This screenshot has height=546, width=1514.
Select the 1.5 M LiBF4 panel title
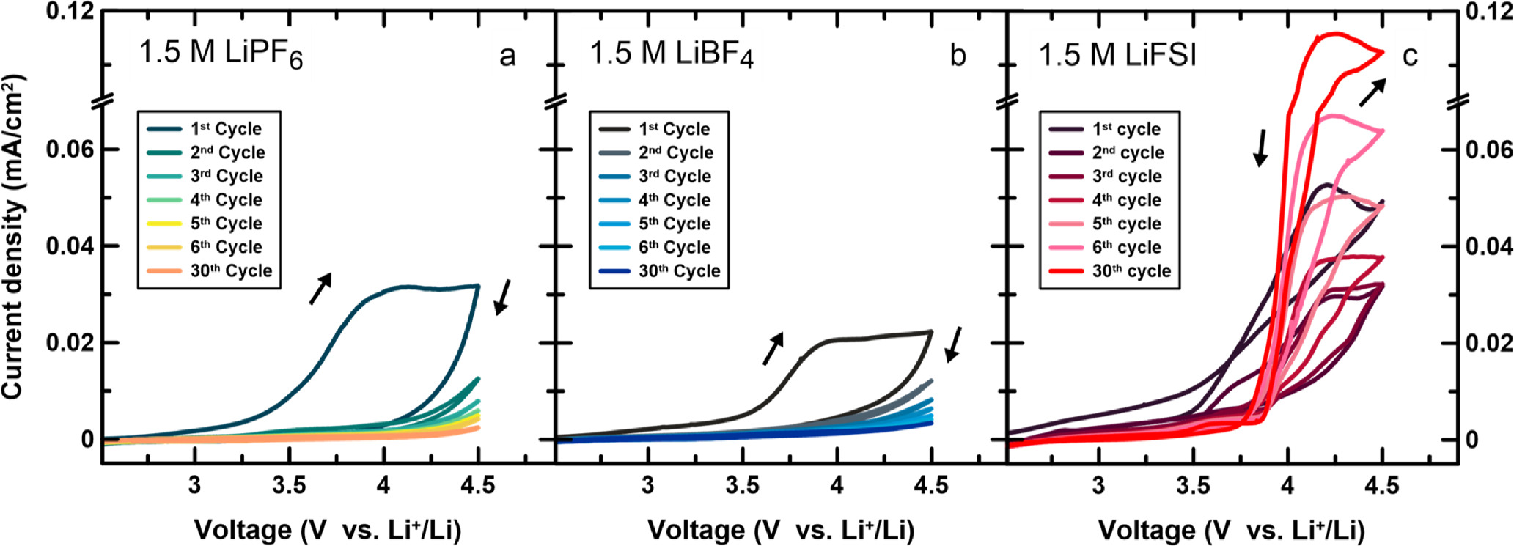(x=672, y=55)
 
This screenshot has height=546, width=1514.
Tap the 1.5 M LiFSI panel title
(x=1117, y=55)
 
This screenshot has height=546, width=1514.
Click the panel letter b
(x=958, y=56)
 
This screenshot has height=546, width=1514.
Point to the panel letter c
(x=1409, y=56)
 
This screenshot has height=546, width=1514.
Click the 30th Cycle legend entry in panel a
(x=230, y=271)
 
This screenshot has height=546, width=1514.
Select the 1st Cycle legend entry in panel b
(x=673, y=129)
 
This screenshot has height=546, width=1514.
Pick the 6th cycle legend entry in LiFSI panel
(x=1126, y=248)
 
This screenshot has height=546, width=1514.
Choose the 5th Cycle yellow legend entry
(x=226, y=224)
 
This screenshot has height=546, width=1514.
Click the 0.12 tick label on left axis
(x=70, y=12)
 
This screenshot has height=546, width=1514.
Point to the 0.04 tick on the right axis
(x=1488, y=246)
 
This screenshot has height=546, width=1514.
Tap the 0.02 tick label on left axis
(x=70, y=343)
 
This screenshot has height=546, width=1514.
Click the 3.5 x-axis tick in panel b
(x=742, y=485)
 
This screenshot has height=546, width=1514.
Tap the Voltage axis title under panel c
(x=1231, y=530)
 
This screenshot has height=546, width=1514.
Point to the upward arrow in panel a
(x=320, y=288)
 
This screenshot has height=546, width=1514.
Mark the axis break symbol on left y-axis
(x=102, y=100)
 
